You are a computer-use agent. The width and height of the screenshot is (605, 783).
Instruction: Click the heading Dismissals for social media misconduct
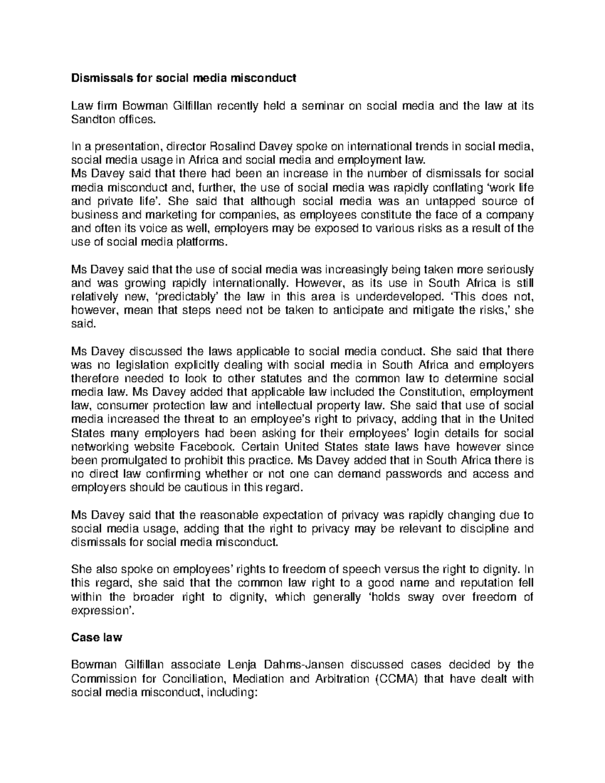(184, 78)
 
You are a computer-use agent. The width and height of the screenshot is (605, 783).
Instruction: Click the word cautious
(206, 488)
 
